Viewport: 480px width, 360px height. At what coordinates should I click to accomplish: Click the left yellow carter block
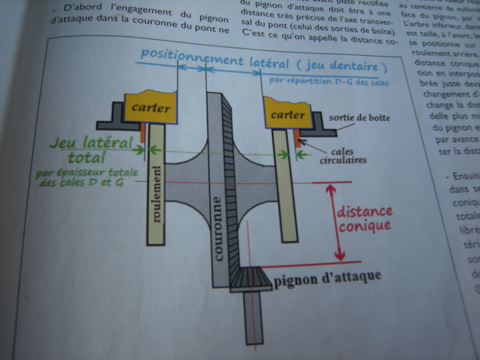[x=150, y=108]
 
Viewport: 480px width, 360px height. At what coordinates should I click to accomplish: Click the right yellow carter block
[x=287, y=113]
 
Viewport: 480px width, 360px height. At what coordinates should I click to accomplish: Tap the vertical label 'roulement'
[x=157, y=192]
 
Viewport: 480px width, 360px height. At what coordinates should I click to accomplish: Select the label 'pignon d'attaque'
[x=328, y=278]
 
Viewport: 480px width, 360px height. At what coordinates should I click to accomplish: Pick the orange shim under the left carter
[x=142, y=132]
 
